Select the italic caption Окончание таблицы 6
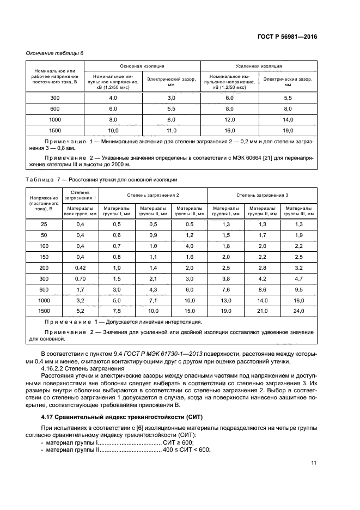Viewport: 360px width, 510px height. click(x=55, y=53)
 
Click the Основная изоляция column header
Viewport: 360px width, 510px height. click(x=142, y=65)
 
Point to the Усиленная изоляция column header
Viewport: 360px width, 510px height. click(x=259, y=65)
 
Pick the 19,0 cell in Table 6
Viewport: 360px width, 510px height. click(x=288, y=130)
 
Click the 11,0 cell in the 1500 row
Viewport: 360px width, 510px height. click(x=172, y=130)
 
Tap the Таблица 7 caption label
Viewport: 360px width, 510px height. click(x=42, y=179)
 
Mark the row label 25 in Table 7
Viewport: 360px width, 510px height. click(x=44, y=224)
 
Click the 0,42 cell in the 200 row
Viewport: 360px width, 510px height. click(x=81, y=268)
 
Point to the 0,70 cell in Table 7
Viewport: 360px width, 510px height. click(x=81, y=278)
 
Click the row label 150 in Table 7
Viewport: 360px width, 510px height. click(x=44, y=257)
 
